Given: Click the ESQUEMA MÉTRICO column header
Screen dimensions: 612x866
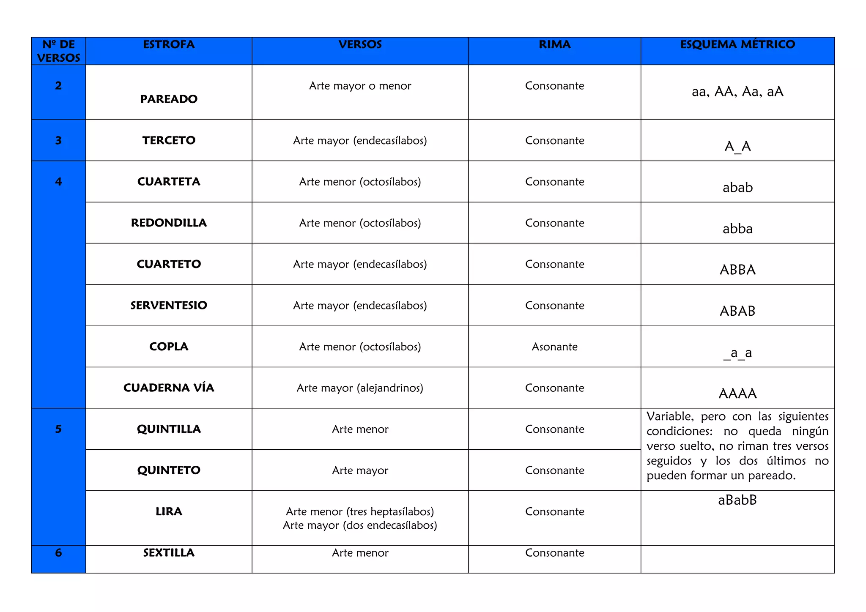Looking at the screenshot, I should [x=737, y=44].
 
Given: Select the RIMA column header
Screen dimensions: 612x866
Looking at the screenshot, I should [x=554, y=44].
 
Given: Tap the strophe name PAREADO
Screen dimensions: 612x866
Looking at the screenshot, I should [x=169, y=99].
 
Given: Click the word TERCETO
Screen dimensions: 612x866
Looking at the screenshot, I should [x=169, y=140].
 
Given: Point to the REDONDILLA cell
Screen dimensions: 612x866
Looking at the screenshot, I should [x=169, y=223].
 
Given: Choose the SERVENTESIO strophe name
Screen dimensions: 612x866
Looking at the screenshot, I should [x=169, y=305].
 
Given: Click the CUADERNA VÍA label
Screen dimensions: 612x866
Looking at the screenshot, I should [x=169, y=388].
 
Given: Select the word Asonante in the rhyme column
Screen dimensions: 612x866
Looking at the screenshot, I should [x=554, y=347].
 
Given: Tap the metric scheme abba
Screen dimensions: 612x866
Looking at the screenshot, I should [x=737, y=229].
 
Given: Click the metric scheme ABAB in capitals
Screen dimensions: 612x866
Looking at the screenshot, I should [x=737, y=311].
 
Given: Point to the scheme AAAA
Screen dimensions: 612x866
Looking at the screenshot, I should [x=737, y=393].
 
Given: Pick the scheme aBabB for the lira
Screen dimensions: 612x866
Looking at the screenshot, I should [x=737, y=500].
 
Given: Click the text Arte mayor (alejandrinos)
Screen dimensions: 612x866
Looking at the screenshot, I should [x=360, y=388].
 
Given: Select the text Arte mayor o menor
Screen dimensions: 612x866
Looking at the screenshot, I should [x=360, y=86].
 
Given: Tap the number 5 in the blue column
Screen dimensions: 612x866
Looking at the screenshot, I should [x=58, y=429].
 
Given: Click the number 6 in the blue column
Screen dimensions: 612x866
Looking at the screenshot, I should [x=58, y=552].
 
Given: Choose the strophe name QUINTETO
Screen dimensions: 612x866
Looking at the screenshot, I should [x=169, y=470].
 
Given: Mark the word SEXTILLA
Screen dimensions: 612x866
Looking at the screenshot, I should [x=169, y=552].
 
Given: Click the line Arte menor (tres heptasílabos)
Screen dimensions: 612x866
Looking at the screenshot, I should [x=360, y=511].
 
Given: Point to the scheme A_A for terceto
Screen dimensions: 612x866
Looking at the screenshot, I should [x=737, y=146].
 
